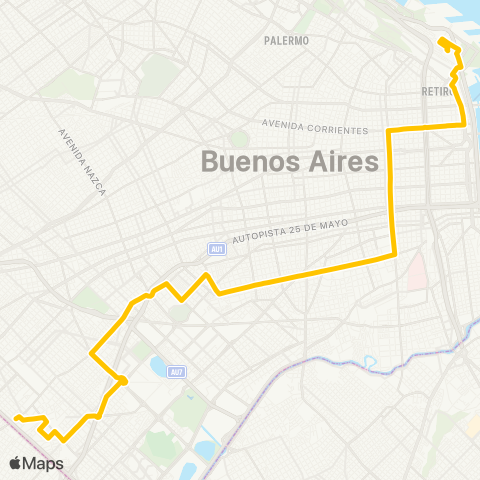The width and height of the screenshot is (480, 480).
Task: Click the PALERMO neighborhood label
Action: point(287,41)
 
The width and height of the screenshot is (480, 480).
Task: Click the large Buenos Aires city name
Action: point(290,160)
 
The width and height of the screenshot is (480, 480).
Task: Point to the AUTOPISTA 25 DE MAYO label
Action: point(290,232)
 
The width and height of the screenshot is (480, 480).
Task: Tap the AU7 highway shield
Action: point(176,372)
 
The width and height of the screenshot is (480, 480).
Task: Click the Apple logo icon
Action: point(16,463)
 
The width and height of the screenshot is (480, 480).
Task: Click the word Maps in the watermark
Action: point(45,463)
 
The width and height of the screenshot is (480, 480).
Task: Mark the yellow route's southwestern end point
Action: point(17,417)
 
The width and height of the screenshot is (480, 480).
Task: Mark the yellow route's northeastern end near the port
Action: point(441,40)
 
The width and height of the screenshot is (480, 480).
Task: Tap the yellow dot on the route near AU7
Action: point(123,379)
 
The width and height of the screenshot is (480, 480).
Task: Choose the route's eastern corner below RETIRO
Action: point(464,124)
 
